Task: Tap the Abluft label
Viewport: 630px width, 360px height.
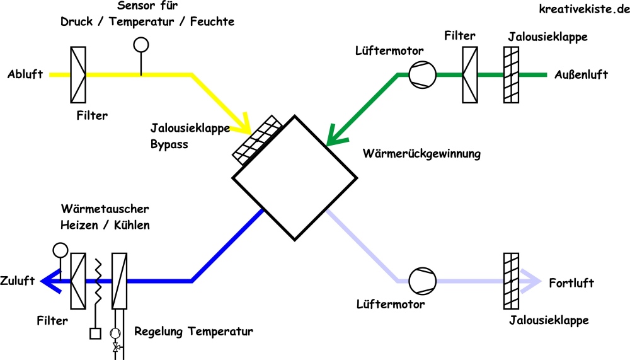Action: click(x=25, y=74)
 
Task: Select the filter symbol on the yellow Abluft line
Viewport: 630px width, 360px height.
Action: click(x=78, y=74)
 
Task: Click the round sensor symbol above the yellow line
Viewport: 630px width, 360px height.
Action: click(x=140, y=45)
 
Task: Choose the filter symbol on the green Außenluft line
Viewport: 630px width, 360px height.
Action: click(x=470, y=75)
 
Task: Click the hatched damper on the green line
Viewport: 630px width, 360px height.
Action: click(x=511, y=75)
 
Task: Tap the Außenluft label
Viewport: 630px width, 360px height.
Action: click(x=581, y=75)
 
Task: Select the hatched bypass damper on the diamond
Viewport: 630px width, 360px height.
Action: click(x=258, y=139)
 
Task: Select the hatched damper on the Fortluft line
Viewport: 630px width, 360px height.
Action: click(x=511, y=281)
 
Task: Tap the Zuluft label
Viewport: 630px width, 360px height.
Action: click(x=18, y=281)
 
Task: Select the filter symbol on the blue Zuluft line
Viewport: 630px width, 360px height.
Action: click(x=78, y=281)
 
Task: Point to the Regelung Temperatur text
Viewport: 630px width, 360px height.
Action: click(x=193, y=331)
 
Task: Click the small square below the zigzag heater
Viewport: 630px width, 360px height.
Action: click(x=96, y=334)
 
